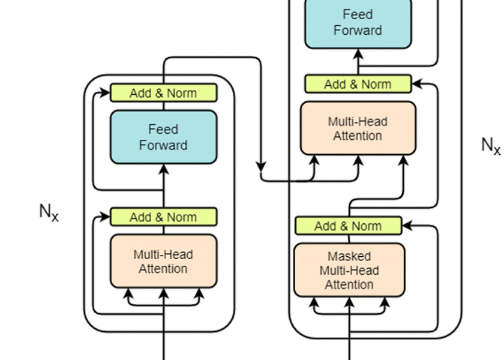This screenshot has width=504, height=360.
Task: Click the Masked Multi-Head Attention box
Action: pos(349,270)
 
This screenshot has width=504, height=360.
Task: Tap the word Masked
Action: pos(349,256)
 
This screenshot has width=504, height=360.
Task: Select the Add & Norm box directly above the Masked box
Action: pos(348,226)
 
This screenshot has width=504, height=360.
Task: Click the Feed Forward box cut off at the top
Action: pos(358,23)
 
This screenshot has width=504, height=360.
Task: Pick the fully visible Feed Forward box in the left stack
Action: pos(163,137)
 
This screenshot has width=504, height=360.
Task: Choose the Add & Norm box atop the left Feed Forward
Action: pos(163,93)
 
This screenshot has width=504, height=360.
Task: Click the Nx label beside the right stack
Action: pos(491,145)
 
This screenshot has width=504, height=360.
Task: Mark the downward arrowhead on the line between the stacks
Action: pos(261,166)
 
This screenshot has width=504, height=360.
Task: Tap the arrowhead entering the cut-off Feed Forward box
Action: pos(358,53)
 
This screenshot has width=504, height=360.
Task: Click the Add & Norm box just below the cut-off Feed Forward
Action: pos(358,84)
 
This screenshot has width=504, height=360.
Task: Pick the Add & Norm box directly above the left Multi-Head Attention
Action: pos(163,217)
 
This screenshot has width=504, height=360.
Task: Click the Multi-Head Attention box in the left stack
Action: pos(163,262)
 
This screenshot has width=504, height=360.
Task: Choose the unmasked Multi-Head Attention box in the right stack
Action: pos(358,128)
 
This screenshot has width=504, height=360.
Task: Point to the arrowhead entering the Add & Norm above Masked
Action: pos(407,226)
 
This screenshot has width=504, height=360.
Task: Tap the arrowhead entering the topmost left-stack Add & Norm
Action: pos(106,93)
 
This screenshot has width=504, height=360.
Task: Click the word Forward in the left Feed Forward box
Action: pos(163,145)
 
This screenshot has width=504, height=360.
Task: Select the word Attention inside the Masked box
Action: pos(349,284)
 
